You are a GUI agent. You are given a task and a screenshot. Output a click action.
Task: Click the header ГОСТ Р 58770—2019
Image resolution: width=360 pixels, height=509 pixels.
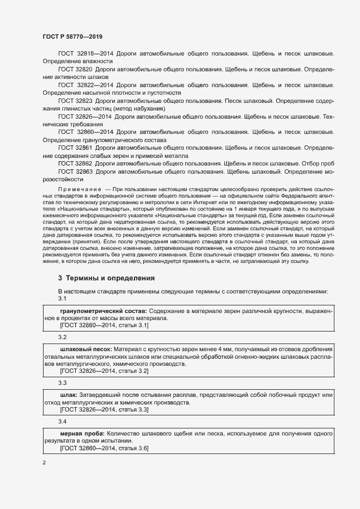(x=72, y=36)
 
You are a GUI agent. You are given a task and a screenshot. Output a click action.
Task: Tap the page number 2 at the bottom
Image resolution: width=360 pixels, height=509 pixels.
(x=44, y=463)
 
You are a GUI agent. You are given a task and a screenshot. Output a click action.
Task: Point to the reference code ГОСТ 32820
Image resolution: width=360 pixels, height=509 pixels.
(x=75, y=70)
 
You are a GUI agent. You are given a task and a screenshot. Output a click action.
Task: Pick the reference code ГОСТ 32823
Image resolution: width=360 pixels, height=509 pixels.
(x=75, y=101)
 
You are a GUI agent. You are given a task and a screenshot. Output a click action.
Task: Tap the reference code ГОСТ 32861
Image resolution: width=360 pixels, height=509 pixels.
(x=75, y=148)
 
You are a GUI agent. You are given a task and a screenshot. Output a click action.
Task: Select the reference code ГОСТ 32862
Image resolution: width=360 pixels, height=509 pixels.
(x=75, y=163)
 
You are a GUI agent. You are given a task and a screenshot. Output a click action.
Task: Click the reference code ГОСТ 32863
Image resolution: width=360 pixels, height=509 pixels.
(x=75, y=171)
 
